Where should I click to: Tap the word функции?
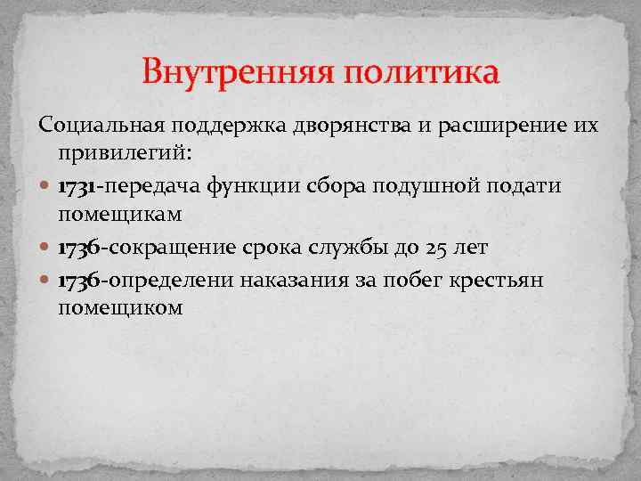(x=242, y=188)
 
